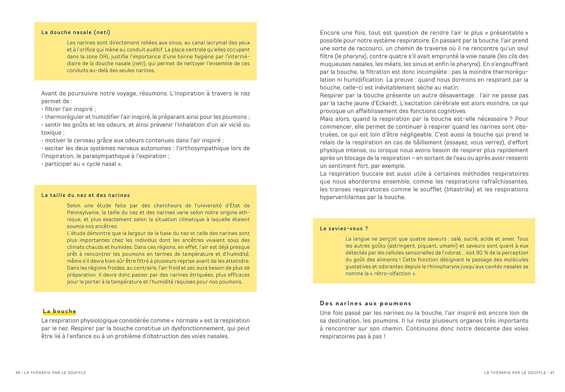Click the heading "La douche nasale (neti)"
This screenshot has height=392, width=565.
[x=76, y=32]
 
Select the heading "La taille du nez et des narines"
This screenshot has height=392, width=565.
[x=86, y=195]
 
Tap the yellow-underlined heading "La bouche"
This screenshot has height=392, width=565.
[x=60, y=311]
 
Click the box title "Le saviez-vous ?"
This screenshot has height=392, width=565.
[x=344, y=228]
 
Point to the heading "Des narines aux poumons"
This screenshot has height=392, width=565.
[x=365, y=303]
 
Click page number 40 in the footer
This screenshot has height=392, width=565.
[x=18, y=372]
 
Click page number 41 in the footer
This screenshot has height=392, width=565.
[x=552, y=372]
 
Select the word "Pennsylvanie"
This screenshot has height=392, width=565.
[x=84, y=213]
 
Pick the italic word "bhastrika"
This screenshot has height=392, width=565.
[x=459, y=189]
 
